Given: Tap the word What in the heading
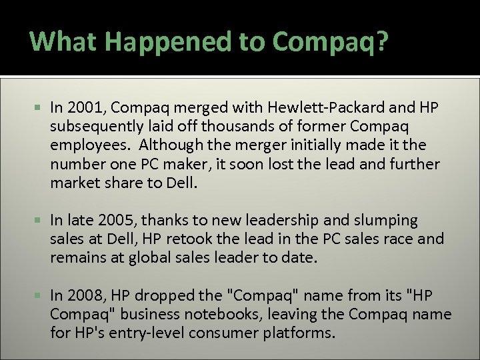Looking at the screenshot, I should coord(64,41).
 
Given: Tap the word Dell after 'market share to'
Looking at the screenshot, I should coord(182,183).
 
